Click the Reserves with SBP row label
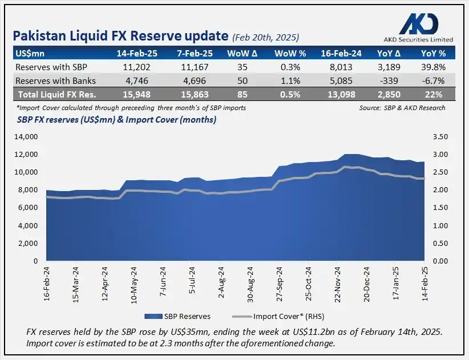point(50,67)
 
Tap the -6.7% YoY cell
point(432,80)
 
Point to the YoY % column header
point(432,53)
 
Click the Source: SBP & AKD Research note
point(402,107)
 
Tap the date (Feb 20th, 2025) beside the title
point(266,38)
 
